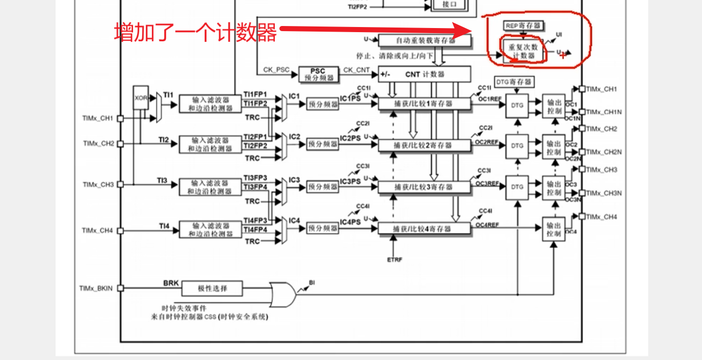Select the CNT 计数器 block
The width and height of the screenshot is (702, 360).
[425, 74]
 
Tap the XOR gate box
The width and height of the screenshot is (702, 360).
[141, 97]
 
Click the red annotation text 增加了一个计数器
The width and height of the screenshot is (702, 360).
[195, 32]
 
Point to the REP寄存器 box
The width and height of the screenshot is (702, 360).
[523, 25]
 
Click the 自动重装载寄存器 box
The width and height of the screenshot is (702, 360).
[425, 40]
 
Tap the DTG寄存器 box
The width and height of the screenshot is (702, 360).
[514, 82]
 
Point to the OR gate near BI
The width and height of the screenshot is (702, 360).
[282, 294]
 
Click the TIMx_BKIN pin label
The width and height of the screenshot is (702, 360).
[96, 288]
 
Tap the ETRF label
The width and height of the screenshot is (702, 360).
[395, 260]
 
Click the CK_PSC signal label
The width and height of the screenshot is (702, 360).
[276, 69]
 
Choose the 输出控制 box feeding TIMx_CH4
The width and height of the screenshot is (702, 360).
[554, 229]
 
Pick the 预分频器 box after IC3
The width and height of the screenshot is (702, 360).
[323, 187]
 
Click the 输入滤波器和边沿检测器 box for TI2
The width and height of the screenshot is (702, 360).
[210, 144]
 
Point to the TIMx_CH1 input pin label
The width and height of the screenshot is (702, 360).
[97, 118]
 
